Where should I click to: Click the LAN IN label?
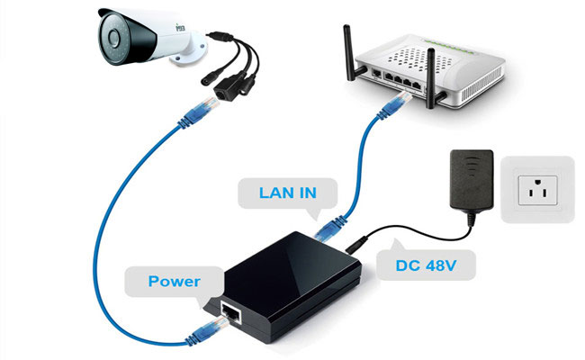288,193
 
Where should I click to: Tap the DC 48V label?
426,265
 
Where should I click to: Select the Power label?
175,282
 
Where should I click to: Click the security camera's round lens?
113,37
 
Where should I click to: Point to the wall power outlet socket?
537,190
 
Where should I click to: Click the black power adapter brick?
472,181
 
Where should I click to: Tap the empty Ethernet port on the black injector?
231,312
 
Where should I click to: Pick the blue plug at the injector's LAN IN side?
329,229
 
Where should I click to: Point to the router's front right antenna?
431,77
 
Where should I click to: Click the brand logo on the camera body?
181,27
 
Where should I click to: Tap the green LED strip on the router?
451,47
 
